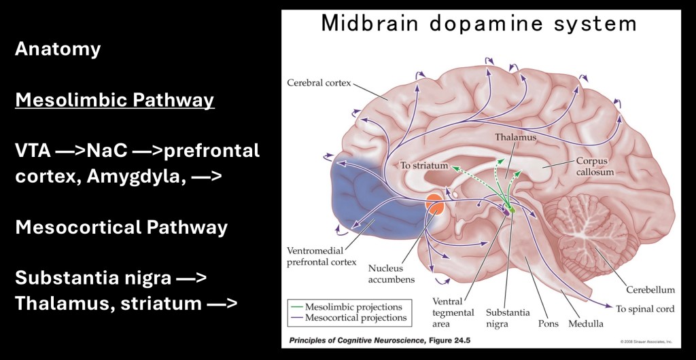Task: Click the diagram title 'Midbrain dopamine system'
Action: pos(478,24)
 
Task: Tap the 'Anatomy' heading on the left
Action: pos(58,49)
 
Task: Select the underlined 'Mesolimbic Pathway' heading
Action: pos(115,101)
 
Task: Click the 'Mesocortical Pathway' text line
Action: pos(121,227)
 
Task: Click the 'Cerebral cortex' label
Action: pos(319,84)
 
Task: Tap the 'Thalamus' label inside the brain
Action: pos(516,137)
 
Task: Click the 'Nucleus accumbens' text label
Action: pos(391,273)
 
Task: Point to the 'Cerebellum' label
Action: pos(652,289)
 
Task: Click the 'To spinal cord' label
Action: pos(646,309)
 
